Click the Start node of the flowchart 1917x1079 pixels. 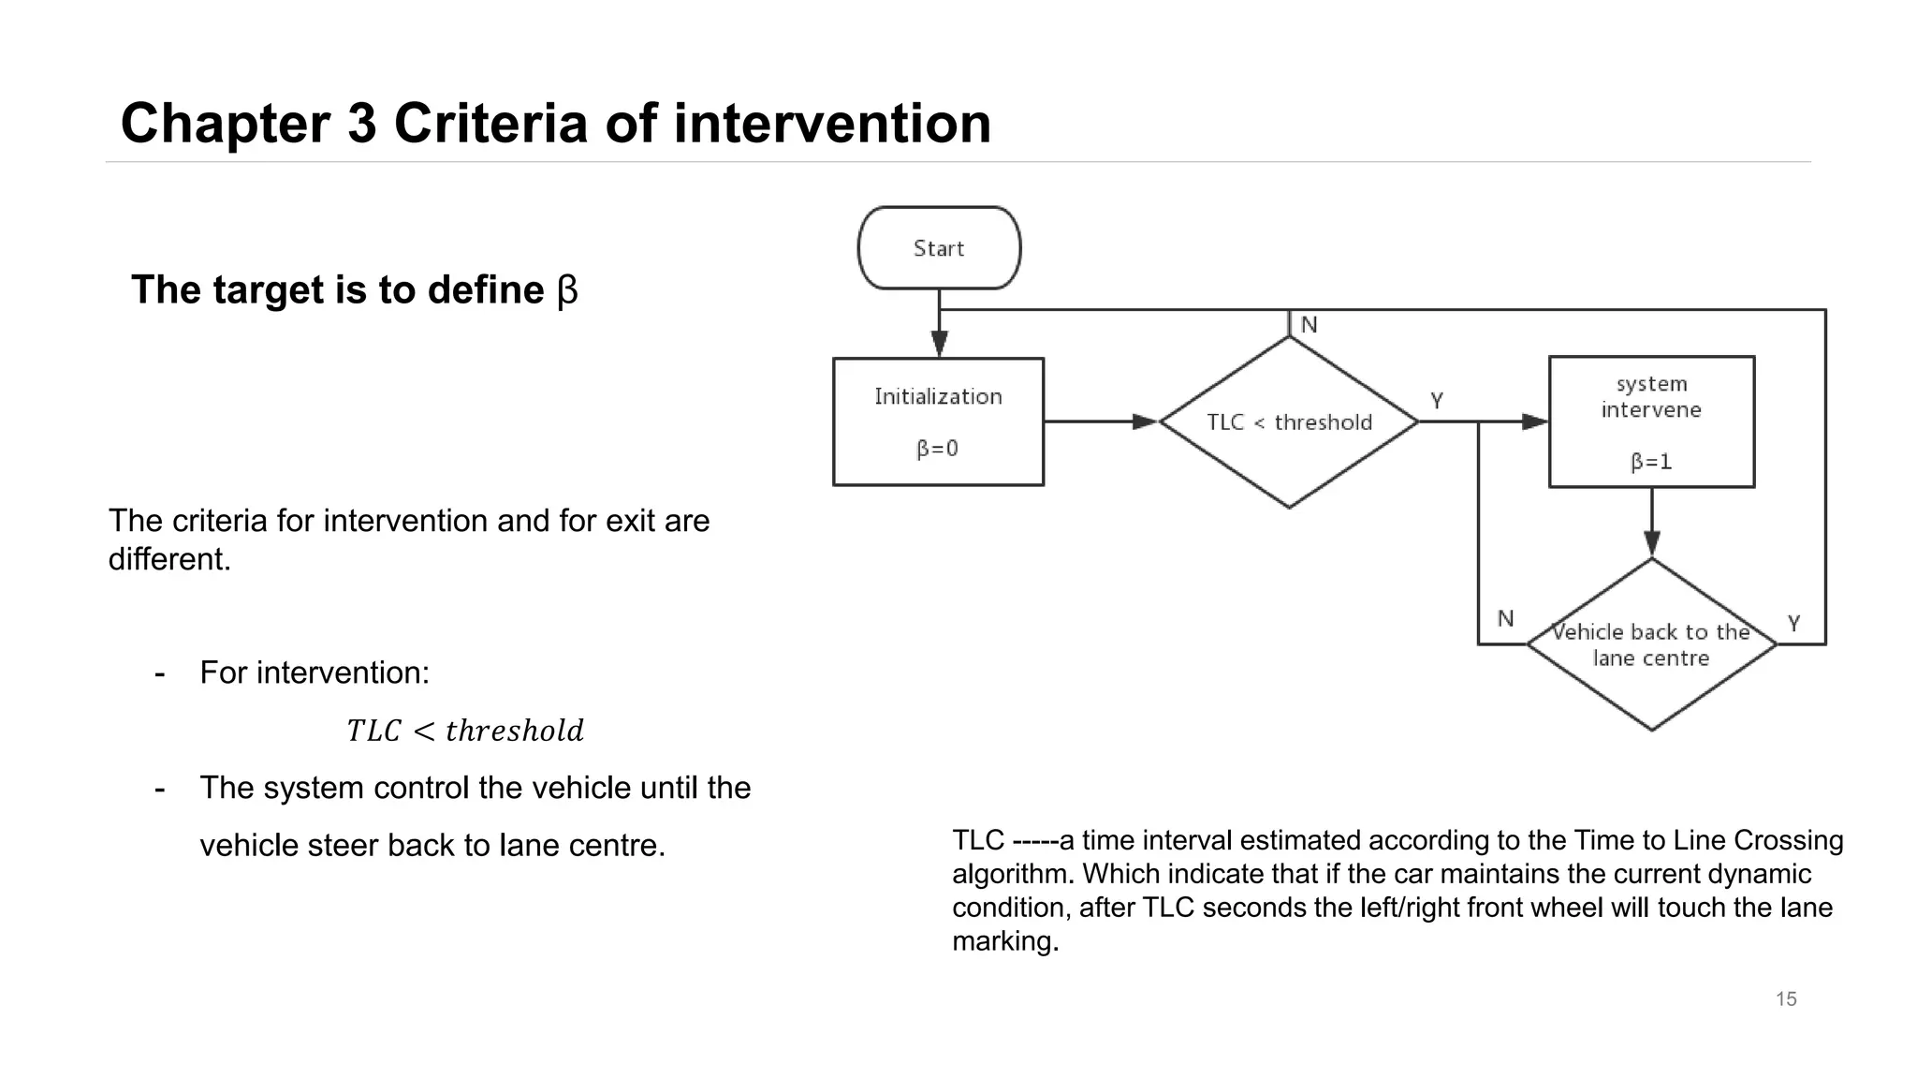[x=939, y=248]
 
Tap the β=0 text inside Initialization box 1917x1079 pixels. [x=937, y=449]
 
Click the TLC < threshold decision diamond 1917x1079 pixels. [x=1289, y=422]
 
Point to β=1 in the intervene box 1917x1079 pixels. [x=1651, y=462]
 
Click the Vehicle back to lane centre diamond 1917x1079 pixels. [x=1651, y=645]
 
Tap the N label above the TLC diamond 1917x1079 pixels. [x=1309, y=325]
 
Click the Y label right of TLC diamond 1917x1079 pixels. [x=1437, y=401]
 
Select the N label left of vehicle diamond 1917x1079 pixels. [x=1505, y=618]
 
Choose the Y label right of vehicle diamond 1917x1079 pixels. [x=1793, y=623]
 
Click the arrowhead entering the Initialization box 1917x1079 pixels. [x=940, y=344]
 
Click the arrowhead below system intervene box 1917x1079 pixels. [x=1652, y=543]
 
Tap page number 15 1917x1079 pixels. [x=1786, y=999]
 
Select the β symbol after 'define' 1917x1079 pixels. [x=567, y=290]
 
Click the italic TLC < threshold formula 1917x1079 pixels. [x=464, y=731]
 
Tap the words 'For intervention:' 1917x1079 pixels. [x=315, y=673]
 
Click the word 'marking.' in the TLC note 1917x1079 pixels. [x=1004, y=941]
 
